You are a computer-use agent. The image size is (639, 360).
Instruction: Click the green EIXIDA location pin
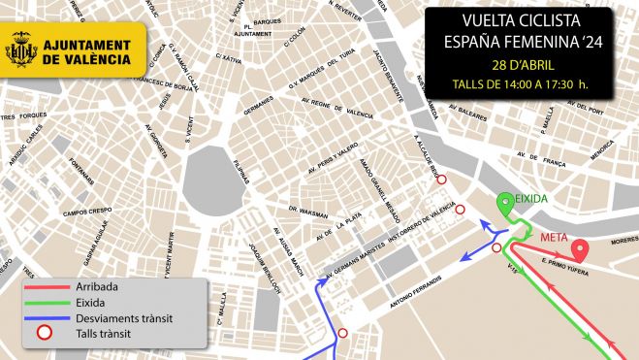(505, 205)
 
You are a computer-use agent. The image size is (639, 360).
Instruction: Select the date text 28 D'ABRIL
(523, 65)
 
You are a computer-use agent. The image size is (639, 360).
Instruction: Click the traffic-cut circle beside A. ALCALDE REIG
(442, 180)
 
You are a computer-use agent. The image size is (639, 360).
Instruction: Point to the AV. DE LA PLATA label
(334, 226)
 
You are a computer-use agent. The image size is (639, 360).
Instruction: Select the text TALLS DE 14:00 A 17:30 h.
(522, 84)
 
